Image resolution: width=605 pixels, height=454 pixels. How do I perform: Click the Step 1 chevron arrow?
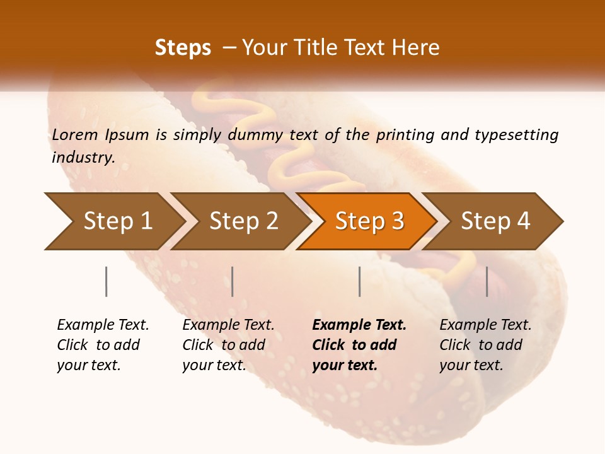(117, 221)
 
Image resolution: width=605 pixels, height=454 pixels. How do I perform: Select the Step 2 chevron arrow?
(243, 221)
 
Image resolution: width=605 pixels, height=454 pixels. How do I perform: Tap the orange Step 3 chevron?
(369, 221)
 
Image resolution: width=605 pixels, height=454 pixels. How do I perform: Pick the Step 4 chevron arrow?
(495, 221)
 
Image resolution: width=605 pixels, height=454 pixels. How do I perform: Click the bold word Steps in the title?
(183, 48)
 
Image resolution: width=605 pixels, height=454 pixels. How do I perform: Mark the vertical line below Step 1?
(107, 281)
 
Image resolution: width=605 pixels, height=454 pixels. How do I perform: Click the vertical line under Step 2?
(233, 281)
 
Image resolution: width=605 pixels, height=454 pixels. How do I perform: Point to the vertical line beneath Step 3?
(359, 281)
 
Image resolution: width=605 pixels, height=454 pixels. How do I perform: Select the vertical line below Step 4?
(487, 281)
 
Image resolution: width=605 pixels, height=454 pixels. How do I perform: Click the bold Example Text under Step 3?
(359, 325)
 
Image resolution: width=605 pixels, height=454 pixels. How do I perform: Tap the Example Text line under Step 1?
(103, 325)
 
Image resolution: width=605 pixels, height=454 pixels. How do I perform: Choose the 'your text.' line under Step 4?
(471, 365)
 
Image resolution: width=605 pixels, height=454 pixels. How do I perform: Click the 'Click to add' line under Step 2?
(224, 345)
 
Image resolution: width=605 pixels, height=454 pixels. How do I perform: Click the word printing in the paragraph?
(404, 135)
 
